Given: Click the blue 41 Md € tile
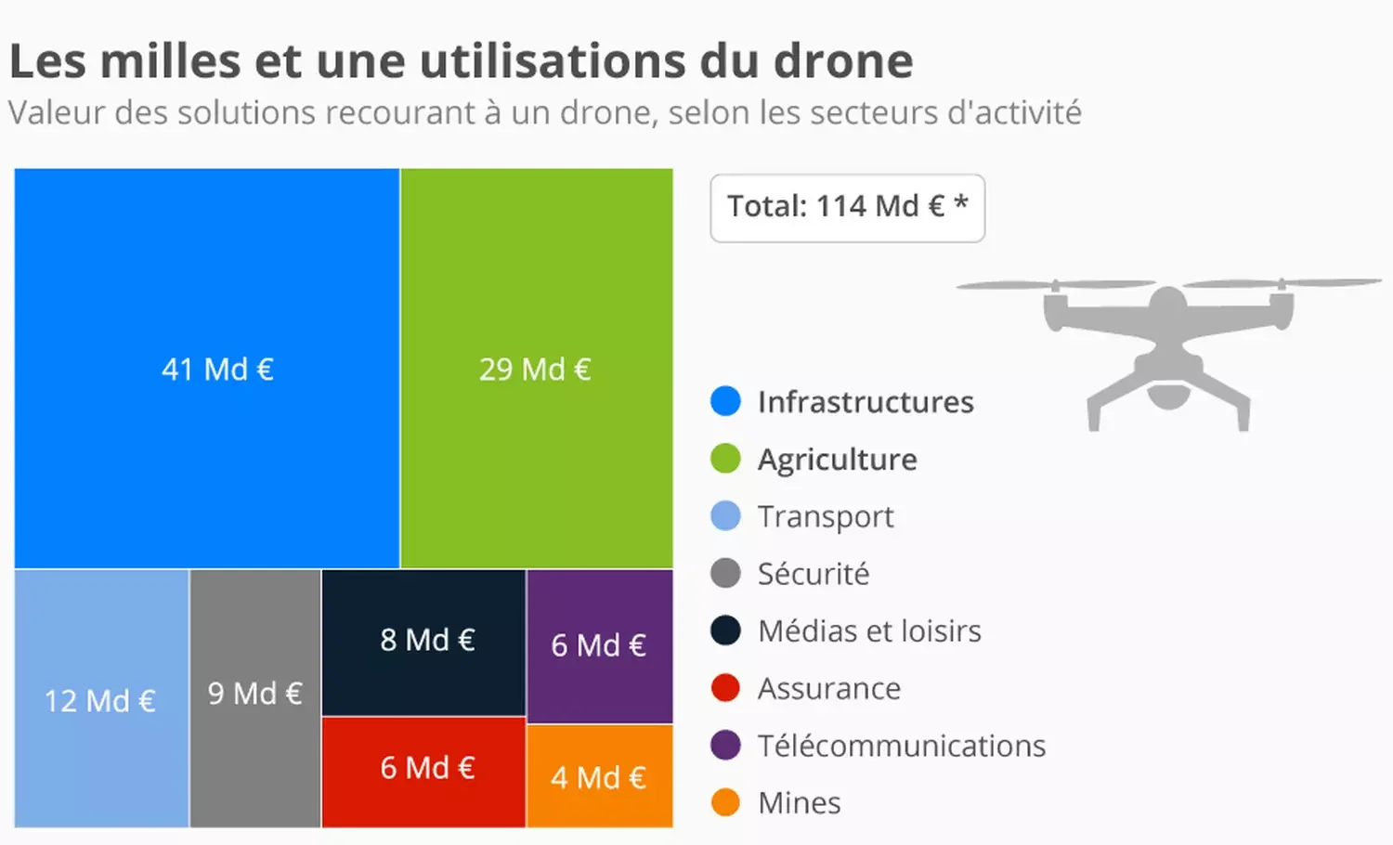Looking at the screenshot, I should (207, 368).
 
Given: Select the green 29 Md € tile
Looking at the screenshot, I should (536, 368).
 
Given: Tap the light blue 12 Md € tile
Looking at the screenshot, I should (101, 698).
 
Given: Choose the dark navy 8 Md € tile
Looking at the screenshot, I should (423, 642).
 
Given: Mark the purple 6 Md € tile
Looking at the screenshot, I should (599, 645).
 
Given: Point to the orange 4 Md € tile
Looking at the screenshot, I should (599, 776).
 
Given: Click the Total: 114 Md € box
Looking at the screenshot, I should (847, 207).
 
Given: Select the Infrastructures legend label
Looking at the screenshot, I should (866, 402).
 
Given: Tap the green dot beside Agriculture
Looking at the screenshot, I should (725, 459).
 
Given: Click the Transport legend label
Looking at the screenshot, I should (826, 516).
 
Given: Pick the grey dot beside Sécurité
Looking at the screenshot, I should (725, 573).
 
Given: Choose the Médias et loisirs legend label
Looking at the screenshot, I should (869, 631).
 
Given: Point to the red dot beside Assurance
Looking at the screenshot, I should (725, 688).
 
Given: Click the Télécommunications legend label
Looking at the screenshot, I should (902, 746).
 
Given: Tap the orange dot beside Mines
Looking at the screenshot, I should (725, 802).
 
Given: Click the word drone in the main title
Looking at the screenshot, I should (843, 61).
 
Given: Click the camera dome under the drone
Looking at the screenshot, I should (1168, 396).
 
